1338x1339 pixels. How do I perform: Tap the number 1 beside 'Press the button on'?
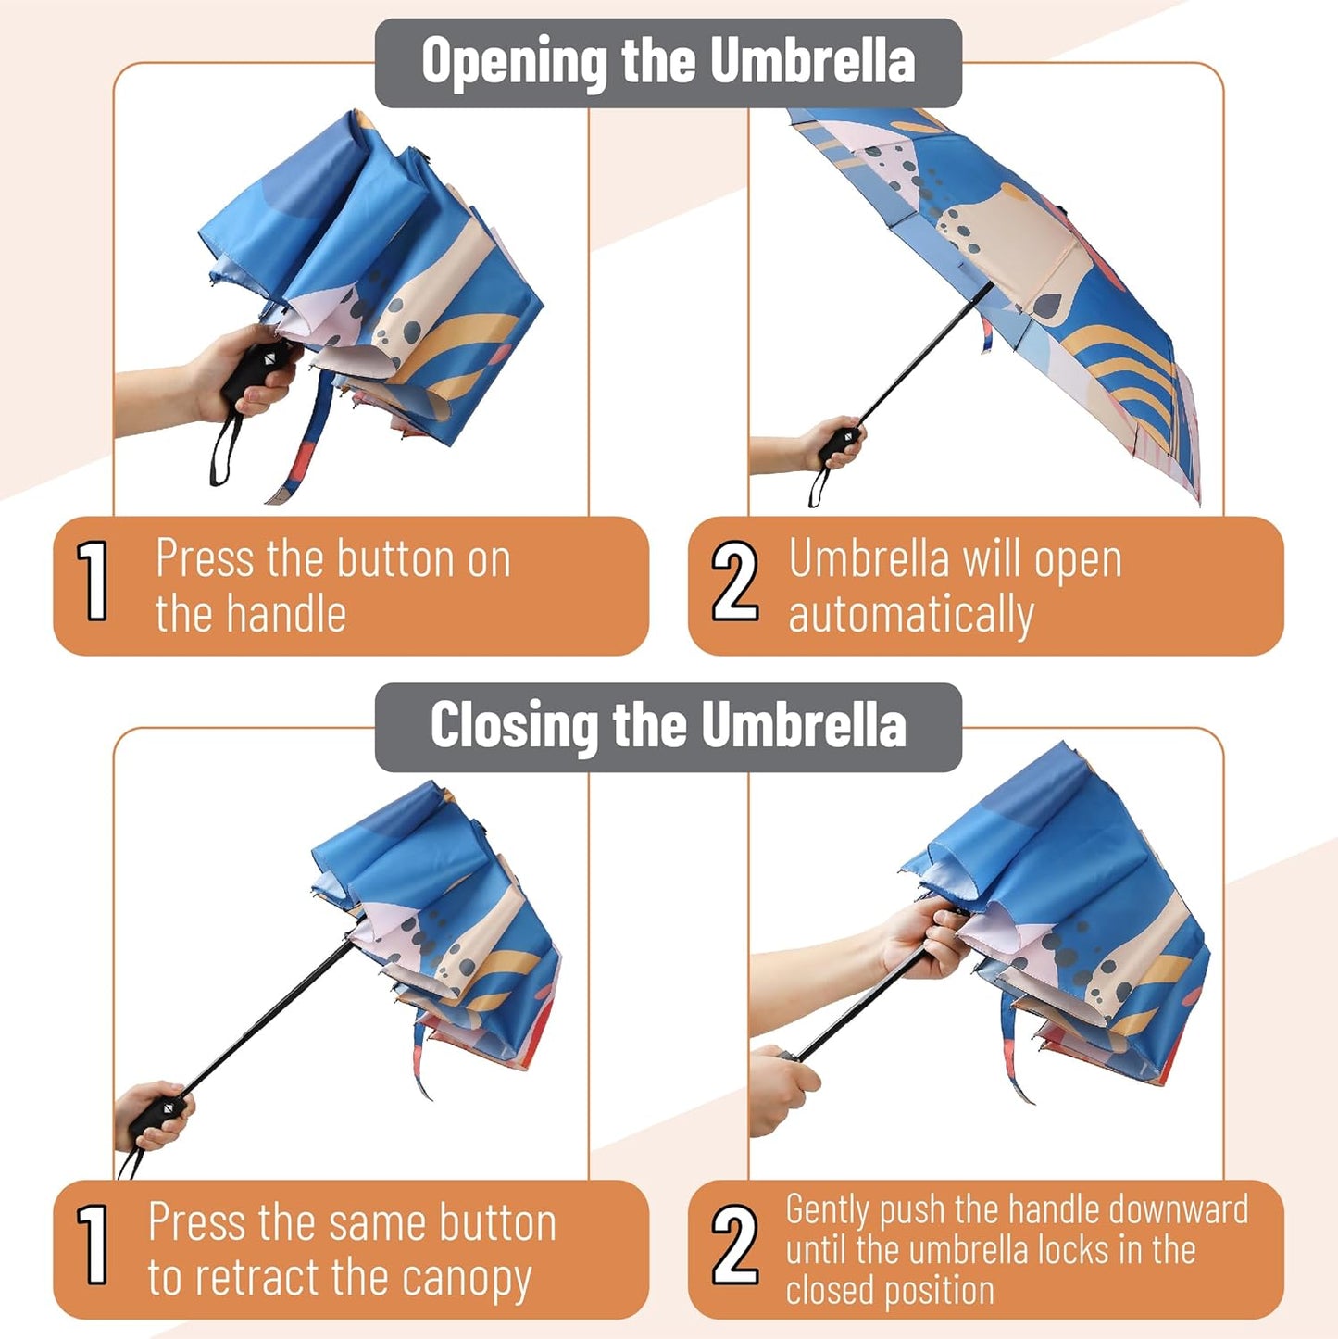pyautogui.click(x=94, y=582)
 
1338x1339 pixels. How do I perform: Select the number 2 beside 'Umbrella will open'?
pyautogui.click(x=734, y=582)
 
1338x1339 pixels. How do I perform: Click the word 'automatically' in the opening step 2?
pyautogui.click(x=910, y=616)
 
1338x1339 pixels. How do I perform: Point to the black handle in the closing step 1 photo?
pyautogui.click(x=160, y=1119)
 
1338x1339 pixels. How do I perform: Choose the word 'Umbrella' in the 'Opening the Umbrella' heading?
pyautogui.click(x=812, y=62)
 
